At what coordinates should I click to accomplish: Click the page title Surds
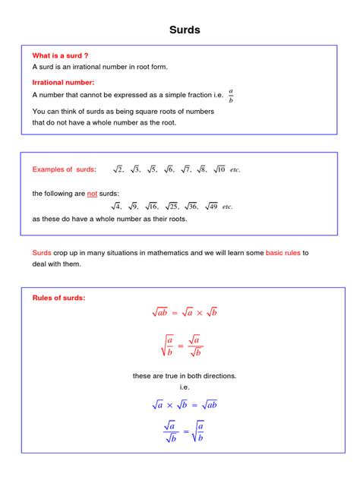tap(185, 30)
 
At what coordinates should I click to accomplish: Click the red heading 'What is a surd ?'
tap(61, 55)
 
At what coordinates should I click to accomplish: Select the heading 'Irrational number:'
tap(63, 82)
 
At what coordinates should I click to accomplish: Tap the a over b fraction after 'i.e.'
tap(231, 95)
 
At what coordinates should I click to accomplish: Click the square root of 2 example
tap(118, 169)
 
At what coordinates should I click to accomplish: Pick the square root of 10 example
tap(219, 169)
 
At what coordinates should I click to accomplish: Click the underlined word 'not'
tap(93, 194)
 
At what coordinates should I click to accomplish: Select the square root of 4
tap(116, 206)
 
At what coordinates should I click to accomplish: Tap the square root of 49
tap(210, 206)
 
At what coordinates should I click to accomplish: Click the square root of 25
tap(171, 206)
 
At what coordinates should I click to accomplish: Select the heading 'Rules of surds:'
tap(58, 298)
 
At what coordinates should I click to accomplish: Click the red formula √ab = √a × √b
tap(185, 312)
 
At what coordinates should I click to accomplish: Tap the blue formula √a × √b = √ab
tap(185, 405)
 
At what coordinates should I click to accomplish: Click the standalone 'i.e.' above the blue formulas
tap(185, 387)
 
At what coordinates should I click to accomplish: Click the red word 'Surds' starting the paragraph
tap(41, 252)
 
